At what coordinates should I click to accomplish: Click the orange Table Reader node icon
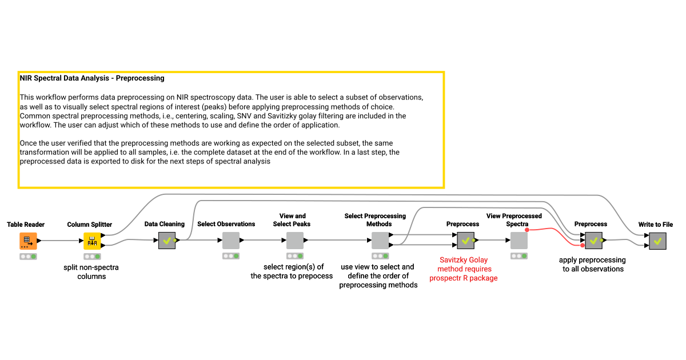[x=28, y=241]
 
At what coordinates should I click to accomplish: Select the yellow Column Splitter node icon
[x=92, y=241]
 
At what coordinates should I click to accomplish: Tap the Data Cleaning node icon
[x=167, y=241]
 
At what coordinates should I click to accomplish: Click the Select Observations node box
[x=231, y=241]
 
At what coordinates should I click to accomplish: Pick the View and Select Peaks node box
[x=295, y=241]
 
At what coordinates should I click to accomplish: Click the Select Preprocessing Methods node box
[x=380, y=241]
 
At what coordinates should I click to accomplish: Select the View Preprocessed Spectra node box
[x=519, y=241]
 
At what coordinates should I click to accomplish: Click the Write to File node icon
[x=657, y=241]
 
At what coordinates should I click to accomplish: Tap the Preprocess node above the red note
[x=465, y=241]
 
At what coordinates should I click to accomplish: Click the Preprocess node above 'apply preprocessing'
[x=593, y=241]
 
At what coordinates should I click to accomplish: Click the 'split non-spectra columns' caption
[x=91, y=272]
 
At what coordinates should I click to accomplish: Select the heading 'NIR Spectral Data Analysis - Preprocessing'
[x=92, y=78]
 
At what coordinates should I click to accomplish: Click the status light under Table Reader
[x=28, y=257]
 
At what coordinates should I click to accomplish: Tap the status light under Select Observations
[x=231, y=256]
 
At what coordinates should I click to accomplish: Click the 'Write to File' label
[x=655, y=225]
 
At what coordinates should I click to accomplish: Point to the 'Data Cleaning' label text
[x=165, y=224]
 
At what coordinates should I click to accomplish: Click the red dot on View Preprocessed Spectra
[x=527, y=230]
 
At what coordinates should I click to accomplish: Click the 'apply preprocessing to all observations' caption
[x=592, y=265]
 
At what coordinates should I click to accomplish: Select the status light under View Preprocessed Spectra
[x=519, y=256]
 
